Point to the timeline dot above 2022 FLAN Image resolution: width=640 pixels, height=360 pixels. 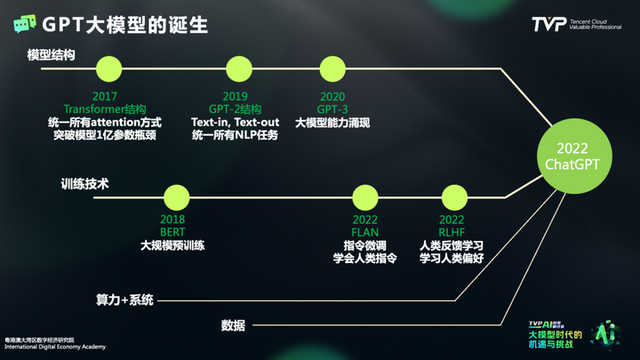[x=365, y=197]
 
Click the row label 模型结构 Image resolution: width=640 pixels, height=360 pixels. [x=51, y=55]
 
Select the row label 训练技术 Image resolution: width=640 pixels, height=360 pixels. [x=84, y=185]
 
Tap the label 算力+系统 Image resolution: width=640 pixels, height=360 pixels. [x=125, y=300]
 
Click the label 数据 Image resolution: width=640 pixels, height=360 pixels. [x=233, y=324]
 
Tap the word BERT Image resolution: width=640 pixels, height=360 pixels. [x=172, y=231]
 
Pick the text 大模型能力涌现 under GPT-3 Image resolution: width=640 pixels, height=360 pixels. [x=332, y=122]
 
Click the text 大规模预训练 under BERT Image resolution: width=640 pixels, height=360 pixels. [x=172, y=244]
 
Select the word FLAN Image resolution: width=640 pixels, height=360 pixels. [x=365, y=231]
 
